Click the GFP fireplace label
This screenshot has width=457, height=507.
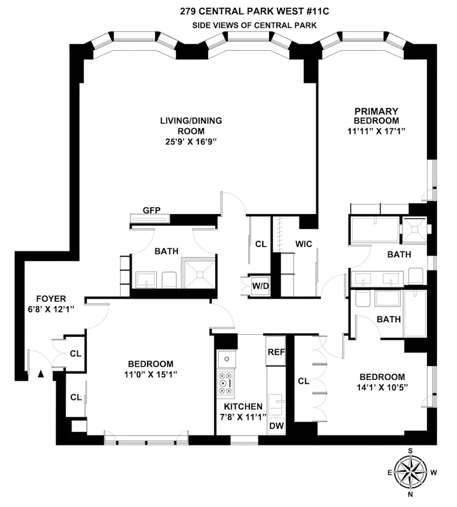[152, 210]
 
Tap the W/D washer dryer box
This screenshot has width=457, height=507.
[260, 287]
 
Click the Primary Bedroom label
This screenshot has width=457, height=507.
[375, 116]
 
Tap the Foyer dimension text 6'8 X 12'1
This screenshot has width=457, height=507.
[52, 309]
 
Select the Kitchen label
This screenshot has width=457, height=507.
[242, 407]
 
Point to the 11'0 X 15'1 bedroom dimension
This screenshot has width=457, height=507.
[151, 375]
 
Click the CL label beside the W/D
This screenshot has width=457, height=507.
[261, 244]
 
